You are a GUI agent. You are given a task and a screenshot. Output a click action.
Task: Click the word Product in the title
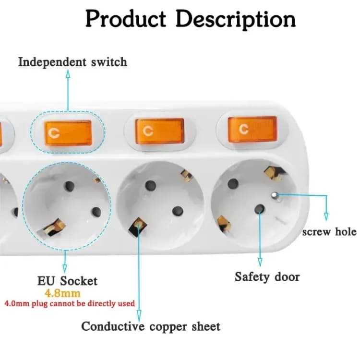126,19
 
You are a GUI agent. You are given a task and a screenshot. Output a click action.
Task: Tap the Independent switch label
72,62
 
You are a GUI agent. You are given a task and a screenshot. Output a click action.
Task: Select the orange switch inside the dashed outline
68,133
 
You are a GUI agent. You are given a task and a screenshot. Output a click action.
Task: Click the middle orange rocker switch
160,131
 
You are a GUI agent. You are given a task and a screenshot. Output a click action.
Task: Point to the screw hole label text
329,232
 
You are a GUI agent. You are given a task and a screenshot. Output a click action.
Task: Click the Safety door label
267,276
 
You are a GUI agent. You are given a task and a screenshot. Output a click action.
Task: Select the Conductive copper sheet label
150,327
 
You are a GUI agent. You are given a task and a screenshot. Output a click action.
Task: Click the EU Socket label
67,281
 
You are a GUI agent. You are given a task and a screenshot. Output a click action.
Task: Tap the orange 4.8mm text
62,292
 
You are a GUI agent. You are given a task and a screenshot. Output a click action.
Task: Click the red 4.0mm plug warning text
70,303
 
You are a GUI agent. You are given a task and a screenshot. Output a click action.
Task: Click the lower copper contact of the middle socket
138,223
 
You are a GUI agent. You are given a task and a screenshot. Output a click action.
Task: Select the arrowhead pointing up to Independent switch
68,73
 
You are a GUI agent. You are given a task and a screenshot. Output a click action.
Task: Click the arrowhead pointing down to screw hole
326,217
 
